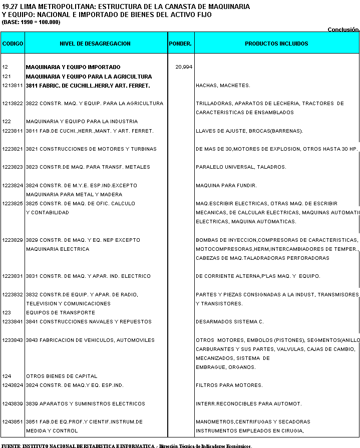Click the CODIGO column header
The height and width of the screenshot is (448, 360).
click(13, 44)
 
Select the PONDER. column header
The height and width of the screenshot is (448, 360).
click(180, 44)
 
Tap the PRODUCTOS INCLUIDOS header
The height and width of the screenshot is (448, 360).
click(276, 44)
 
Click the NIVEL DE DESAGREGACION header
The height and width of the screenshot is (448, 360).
click(95, 44)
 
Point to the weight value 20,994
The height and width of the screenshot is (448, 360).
click(184, 67)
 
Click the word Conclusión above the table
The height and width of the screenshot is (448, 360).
click(343, 30)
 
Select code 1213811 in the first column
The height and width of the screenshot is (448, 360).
click(13, 86)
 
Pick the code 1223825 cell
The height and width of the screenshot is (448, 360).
click(13, 204)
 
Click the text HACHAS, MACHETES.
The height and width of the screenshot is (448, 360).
click(223, 86)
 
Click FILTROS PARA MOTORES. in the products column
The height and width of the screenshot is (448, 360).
click(229, 385)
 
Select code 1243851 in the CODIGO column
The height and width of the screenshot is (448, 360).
click(13, 422)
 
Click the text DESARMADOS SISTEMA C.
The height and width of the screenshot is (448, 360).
click(229, 322)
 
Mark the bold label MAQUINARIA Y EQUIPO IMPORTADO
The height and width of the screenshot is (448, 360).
click(73, 67)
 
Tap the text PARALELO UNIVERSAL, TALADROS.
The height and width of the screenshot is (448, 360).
click(241, 167)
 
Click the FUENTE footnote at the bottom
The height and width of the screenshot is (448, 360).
click(127, 445)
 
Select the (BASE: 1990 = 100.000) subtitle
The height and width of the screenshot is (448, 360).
click(31, 23)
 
